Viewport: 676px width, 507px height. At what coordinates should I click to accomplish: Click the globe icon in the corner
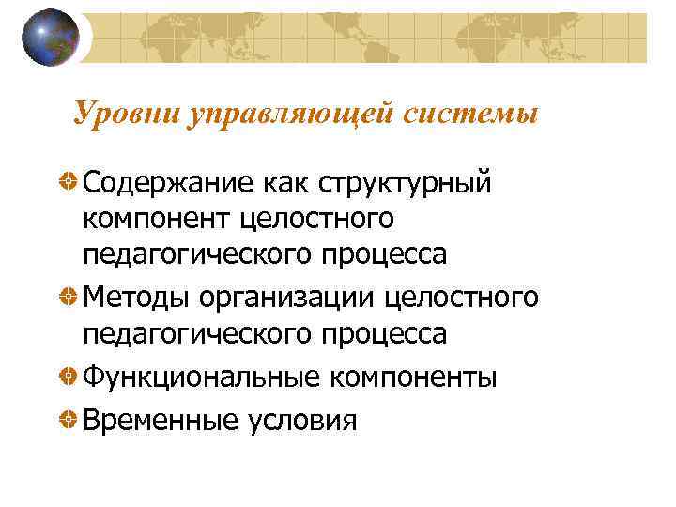tap(50, 37)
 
